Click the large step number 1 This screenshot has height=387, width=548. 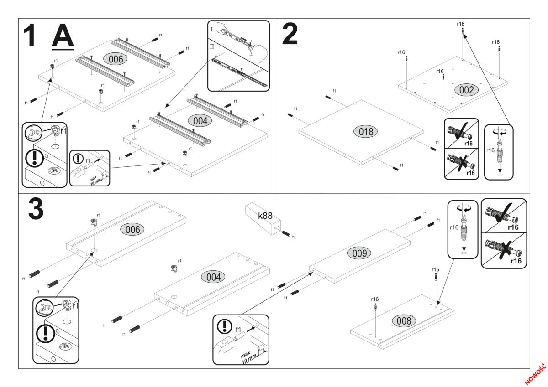[x=29, y=35]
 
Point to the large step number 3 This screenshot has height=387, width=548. [x=36, y=209]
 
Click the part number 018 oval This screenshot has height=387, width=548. [x=365, y=132]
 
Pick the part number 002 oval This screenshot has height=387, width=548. [x=466, y=90]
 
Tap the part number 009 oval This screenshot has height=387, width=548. [x=359, y=253]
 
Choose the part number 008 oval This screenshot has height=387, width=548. [x=404, y=320]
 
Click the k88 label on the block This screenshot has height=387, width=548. [x=265, y=216]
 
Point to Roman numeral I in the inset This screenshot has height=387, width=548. [x=211, y=29]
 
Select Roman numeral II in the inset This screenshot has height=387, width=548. [x=212, y=46]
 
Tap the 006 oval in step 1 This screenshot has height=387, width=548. [x=116, y=59]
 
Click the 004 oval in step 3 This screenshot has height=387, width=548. [x=213, y=277]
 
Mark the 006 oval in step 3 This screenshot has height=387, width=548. [x=132, y=230]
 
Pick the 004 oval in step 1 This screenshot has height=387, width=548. [x=200, y=121]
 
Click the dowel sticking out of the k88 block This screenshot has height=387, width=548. [x=286, y=233]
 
